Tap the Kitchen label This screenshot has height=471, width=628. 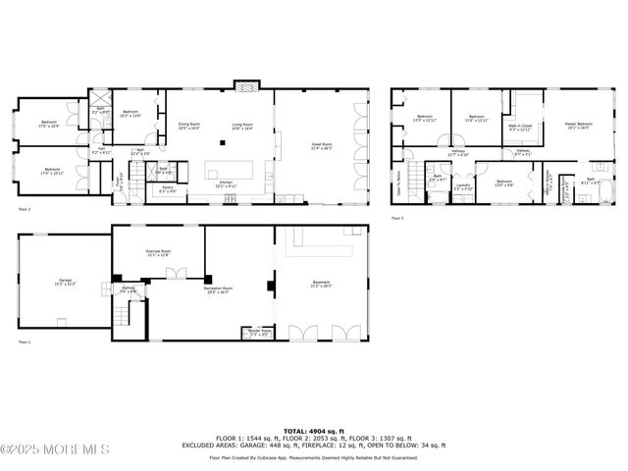coord(225,183)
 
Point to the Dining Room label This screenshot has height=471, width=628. coord(188,126)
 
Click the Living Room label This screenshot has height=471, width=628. coord(241,126)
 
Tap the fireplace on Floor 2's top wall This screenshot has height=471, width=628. coord(242,85)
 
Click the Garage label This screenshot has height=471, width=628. coord(65,283)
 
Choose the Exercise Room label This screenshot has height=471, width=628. coord(159,253)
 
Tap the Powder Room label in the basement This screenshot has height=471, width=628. coord(259,333)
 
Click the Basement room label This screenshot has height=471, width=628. coord(321,286)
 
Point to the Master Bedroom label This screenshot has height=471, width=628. coord(576,126)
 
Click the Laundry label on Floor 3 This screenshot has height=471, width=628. coord(462,186)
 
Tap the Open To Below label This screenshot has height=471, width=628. coord(398,183)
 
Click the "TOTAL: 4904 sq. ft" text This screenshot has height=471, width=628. coord(313,431)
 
